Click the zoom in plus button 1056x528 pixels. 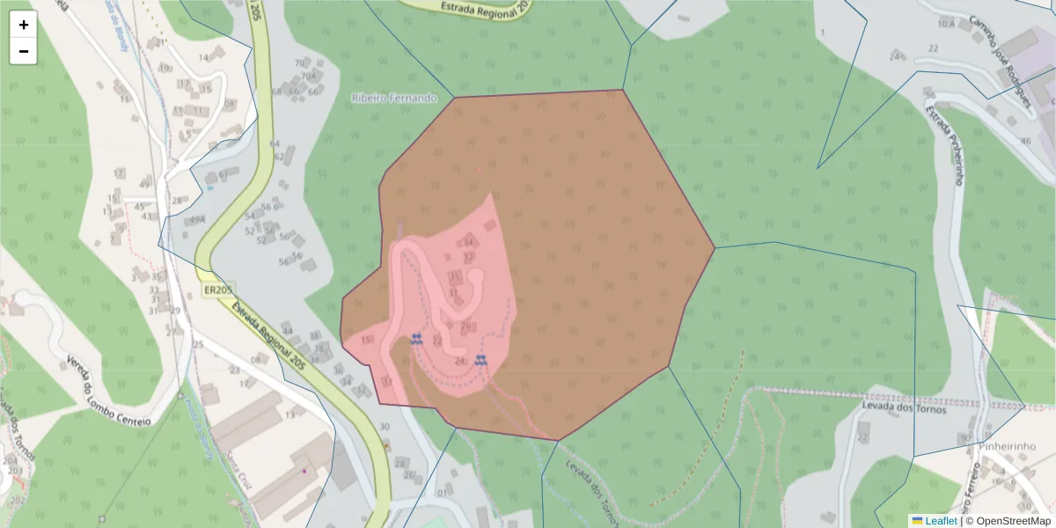pos(24,25)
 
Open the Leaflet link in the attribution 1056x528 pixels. pos(940,521)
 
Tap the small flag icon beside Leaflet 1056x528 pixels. pos(917,521)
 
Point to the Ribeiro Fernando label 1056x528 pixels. pos(393,98)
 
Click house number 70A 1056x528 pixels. pos(308,77)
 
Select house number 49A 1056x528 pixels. pos(197,220)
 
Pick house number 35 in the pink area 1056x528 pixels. pos(455,277)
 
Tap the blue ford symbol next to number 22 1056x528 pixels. pos(416,339)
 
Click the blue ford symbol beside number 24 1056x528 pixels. pos(480,360)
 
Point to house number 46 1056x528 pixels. pos(1025,141)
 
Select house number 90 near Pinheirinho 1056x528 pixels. pos(965,437)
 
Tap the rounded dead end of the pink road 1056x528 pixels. pos(477,275)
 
